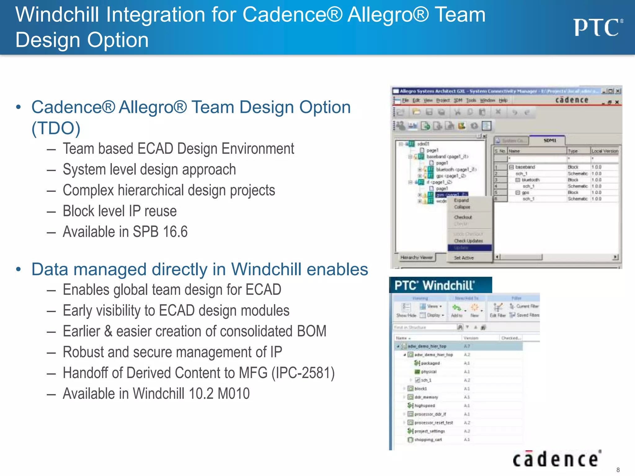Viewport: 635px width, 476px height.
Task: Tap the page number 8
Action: point(618,470)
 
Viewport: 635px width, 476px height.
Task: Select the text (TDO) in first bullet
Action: point(56,128)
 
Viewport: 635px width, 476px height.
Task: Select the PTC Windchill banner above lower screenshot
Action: point(440,285)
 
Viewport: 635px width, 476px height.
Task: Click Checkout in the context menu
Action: point(463,217)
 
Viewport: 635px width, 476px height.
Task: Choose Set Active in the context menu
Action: point(464,258)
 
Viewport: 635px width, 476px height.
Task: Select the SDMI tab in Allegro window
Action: point(549,140)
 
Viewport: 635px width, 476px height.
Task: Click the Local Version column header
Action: point(604,151)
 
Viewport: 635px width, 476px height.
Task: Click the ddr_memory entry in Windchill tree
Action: point(426,397)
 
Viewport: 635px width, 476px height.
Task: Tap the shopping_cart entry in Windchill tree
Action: point(428,439)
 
